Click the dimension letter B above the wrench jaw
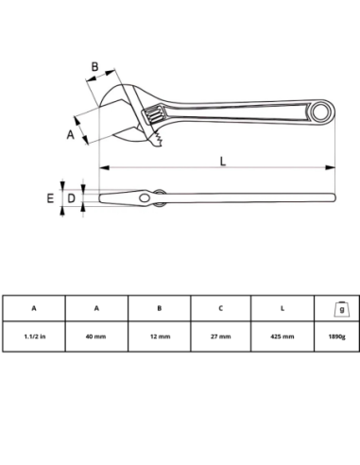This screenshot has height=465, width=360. pos(94,67)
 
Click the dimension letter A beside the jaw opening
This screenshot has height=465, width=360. pos(71,134)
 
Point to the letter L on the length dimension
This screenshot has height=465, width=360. pos(223,161)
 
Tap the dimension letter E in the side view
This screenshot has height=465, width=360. pos(50,198)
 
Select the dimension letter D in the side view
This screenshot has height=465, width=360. pos(72,198)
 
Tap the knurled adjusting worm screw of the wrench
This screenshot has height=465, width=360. pos(153,115)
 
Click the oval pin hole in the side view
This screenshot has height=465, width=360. pos(145,198)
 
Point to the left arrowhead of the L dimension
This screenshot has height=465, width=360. pos(104,167)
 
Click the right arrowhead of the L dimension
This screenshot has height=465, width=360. pos(331,167)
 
